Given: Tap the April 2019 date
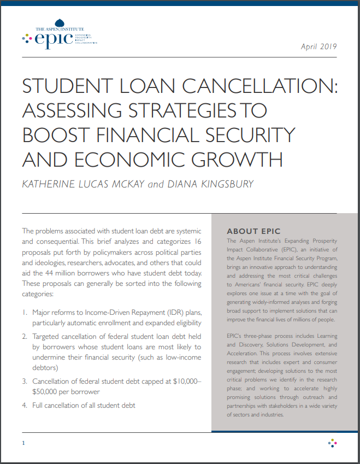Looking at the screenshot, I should click(319, 46).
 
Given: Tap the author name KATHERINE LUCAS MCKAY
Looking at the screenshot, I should click(82, 184).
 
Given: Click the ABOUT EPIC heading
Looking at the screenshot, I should click(253, 231).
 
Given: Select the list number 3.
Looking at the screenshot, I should click(25, 380).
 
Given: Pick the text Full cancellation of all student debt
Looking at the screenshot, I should click(84, 405).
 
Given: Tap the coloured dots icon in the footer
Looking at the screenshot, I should click(332, 442).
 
